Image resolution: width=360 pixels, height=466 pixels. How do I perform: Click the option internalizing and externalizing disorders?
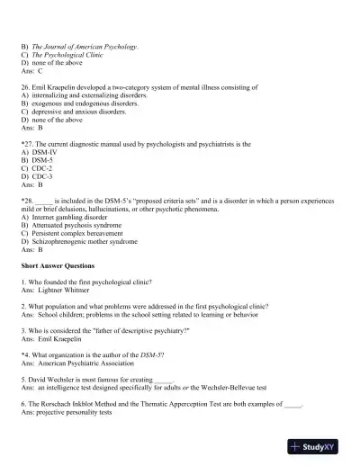[94, 96]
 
